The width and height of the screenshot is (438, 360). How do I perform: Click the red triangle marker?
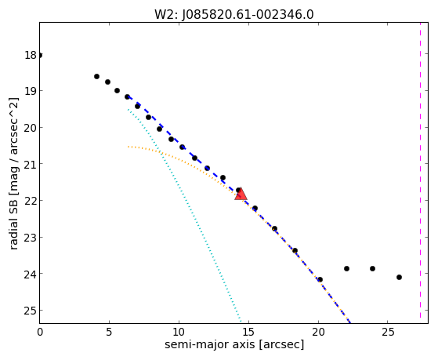[241, 195]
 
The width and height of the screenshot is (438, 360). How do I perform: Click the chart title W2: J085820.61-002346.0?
[234, 15]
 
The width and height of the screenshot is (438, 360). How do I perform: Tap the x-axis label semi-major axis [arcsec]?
[234, 344]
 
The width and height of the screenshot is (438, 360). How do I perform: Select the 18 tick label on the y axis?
[31, 55]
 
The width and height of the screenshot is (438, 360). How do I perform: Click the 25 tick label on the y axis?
[31, 311]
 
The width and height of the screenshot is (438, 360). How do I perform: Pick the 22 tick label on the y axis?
[31, 201]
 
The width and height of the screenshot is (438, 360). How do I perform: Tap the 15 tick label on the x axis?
[248, 332]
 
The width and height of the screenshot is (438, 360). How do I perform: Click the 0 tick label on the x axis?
[40, 332]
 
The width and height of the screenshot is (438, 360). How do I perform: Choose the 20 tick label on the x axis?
[318, 332]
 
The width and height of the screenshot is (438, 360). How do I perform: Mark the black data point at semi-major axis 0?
[40, 56]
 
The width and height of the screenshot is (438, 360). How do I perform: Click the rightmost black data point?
[399, 277]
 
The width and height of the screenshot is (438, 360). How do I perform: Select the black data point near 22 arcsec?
[346, 268]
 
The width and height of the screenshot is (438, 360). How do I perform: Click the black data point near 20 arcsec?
[320, 279]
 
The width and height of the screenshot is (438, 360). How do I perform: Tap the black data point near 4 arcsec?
[96, 76]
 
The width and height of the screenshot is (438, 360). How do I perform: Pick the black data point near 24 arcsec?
[372, 268]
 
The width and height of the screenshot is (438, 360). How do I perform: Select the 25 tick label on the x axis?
[387, 332]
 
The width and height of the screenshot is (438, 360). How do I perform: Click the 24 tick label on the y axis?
[31, 274]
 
